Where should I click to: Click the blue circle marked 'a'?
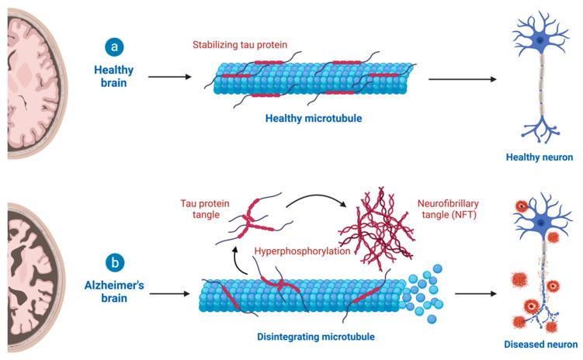pos(115,46)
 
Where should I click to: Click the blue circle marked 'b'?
pos(115,262)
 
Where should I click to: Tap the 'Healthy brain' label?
pos(115,75)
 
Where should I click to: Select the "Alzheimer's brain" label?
pos(115,294)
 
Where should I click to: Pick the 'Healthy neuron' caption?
pos(539,157)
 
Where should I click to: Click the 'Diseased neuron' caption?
pos(540,344)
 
